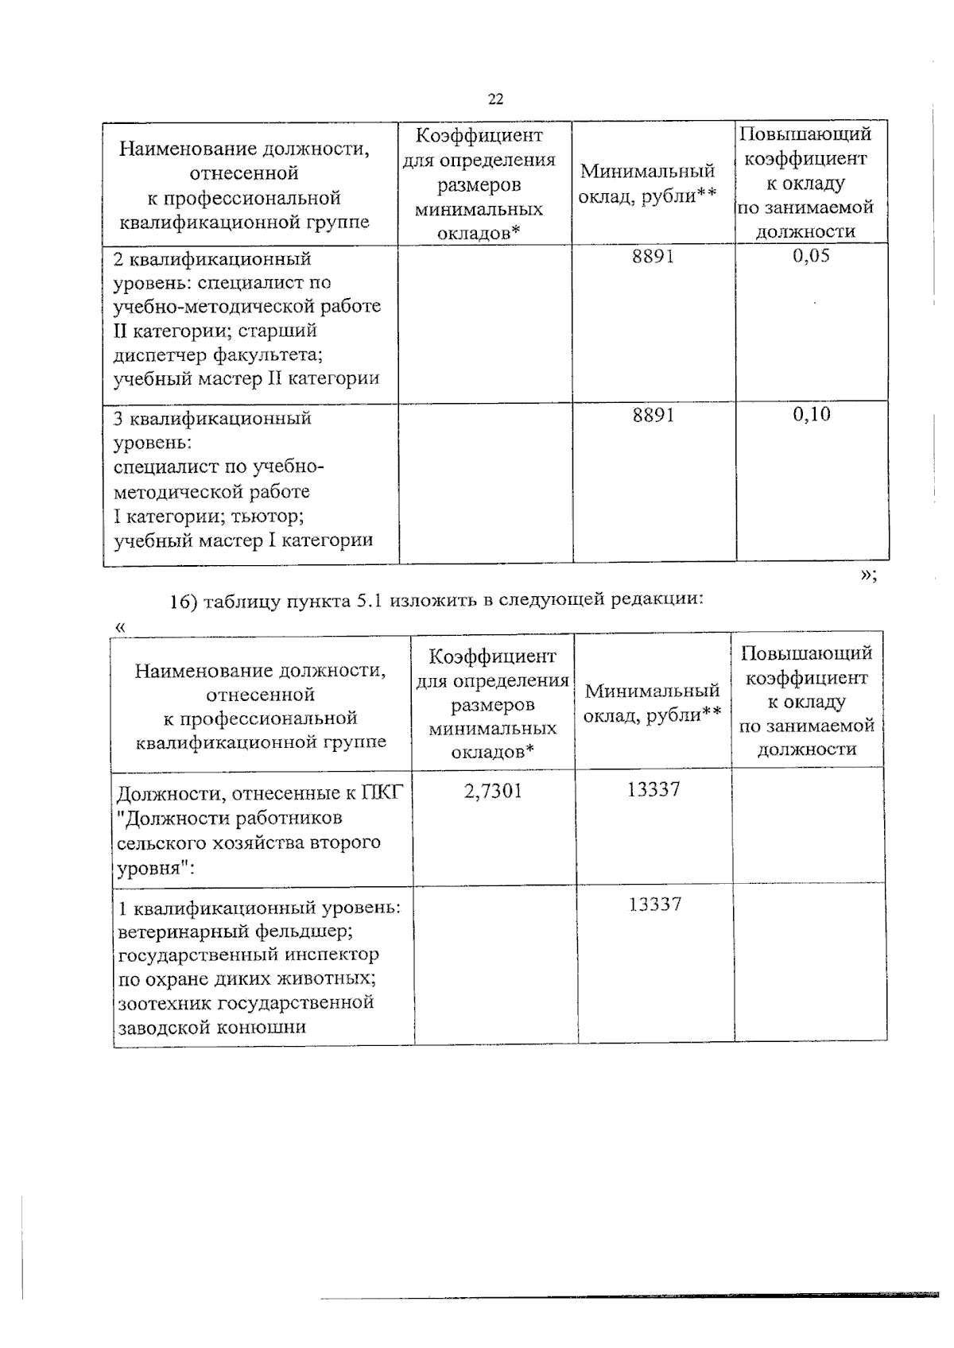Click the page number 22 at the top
point(495,99)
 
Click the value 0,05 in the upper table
point(811,256)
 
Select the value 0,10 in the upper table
point(811,414)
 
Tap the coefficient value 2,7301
point(493,791)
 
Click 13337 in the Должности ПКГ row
point(653,790)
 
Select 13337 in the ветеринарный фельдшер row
point(654,904)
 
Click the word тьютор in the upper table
point(266,517)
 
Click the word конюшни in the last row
point(269,1027)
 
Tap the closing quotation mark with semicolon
point(868,577)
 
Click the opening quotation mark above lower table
point(120,626)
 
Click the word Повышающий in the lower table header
point(805,653)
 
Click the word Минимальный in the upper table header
point(647,171)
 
